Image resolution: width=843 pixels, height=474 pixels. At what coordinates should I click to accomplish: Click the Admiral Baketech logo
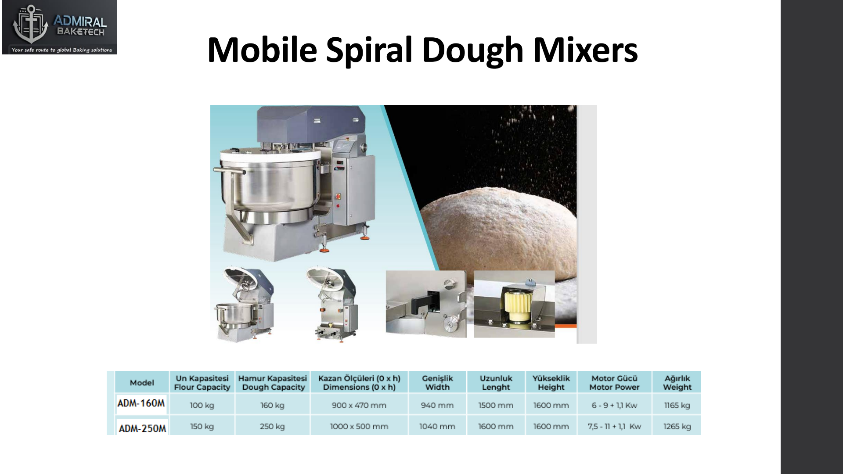coord(60,27)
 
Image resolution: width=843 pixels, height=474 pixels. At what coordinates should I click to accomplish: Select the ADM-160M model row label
coord(141,403)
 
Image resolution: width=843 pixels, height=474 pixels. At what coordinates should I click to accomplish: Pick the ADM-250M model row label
coord(142,428)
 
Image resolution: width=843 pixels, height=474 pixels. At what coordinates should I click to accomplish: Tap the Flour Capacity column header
coord(202,383)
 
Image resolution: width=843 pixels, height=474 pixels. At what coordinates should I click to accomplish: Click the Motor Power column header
coord(614,383)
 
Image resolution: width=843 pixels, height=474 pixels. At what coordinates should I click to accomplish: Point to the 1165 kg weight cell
coord(677,406)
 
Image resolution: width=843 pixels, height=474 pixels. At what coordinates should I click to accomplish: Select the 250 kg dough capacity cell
coord(272,426)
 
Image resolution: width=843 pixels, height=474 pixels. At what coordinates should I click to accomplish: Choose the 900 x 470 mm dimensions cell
coord(359,406)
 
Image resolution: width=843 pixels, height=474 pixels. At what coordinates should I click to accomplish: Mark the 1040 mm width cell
coord(437,426)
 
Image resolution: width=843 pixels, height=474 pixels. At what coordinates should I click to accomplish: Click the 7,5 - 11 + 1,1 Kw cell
coord(614,426)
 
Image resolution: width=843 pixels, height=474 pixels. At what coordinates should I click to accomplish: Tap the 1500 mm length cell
coord(496,406)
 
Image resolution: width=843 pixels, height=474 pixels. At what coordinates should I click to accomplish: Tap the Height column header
coord(551,383)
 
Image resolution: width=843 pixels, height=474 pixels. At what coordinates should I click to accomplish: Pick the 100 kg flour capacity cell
coord(202,406)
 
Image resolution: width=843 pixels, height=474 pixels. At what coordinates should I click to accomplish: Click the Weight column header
coord(677,383)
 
